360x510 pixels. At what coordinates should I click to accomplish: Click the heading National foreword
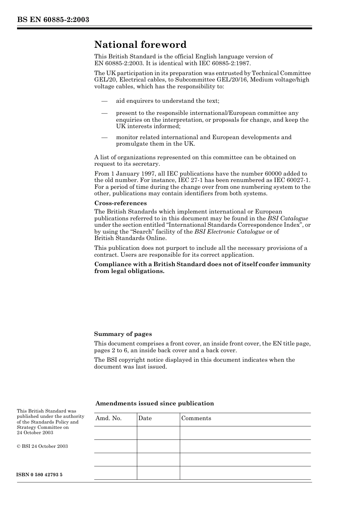coord(140,45)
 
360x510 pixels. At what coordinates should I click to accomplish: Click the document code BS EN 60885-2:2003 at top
coord(53,20)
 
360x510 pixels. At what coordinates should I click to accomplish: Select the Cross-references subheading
coord(120,203)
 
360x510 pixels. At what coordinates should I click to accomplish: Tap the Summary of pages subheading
coord(123,334)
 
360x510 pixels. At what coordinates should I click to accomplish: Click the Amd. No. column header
coord(108,418)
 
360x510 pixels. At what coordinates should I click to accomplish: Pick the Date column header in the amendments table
coord(145,418)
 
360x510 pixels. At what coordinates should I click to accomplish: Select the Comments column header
coord(196,418)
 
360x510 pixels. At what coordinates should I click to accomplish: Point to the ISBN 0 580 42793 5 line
coord(39,475)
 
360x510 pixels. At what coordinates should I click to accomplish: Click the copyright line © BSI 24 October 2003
coord(42,446)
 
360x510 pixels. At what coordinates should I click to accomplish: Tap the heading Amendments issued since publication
coord(155,403)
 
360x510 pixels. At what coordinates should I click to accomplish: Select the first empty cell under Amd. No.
coord(115,433)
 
